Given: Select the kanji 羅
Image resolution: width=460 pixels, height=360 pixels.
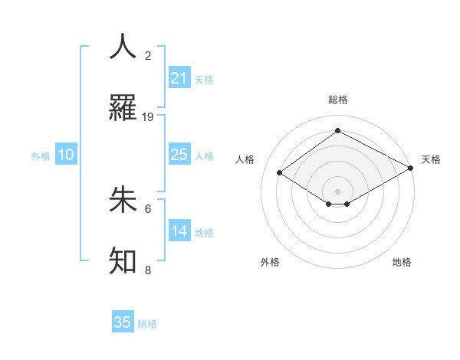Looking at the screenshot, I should pyautogui.click(x=123, y=109).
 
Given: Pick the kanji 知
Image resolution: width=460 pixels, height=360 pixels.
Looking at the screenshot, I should pyautogui.click(x=123, y=261).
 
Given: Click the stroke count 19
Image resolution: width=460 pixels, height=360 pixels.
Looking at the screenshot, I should pyautogui.click(x=148, y=117).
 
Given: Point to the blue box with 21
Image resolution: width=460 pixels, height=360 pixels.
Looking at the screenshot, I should pyautogui.click(x=179, y=78).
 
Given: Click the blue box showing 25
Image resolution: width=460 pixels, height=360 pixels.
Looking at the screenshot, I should pyautogui.click(x=179, y=155).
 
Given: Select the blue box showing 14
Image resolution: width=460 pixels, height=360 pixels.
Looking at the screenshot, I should pyautogui.click(x=179, y=231).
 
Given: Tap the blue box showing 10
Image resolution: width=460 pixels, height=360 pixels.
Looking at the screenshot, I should pyautogui.click(x=66, y=155).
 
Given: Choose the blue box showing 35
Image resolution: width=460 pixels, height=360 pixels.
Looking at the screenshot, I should pyautogui.click(x=123, y=322).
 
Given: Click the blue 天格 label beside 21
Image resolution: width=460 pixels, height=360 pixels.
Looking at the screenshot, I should pyautogui.click(x=204, y=80).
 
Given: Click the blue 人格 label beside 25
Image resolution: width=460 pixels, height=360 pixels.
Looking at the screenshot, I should pyautogui.click(x=204, y=156).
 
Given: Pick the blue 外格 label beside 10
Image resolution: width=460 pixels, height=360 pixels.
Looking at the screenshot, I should pyautogui.click(x=41, y=156).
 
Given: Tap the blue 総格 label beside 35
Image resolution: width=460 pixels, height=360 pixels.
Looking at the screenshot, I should pyautogui.click(x=147, y=324).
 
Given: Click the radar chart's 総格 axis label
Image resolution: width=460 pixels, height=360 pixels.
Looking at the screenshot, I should pyautogui.click(x=338, y=100).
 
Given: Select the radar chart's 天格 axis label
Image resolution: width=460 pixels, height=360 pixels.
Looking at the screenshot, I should pyautogui.click(x=431, y=159).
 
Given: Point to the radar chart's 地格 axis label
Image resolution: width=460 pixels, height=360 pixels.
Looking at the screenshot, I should pyautogui.click(x=402, y=262).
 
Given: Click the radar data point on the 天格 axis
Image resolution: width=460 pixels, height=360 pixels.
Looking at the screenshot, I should pyautogui.click(x=412, y=168).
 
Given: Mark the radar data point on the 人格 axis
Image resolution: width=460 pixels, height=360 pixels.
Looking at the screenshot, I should pyautogui.click(x=280, y=173).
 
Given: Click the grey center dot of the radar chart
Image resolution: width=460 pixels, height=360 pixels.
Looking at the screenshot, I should pyautogui.click(x=338, y=191).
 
